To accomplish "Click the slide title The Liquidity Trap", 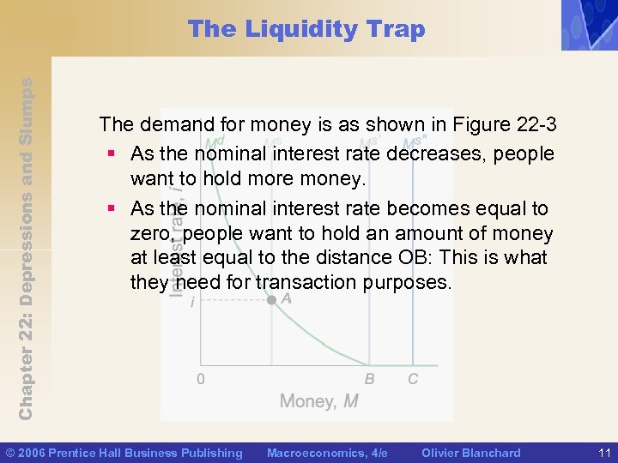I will click(306, 29).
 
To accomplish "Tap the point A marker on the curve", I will click(272, 300).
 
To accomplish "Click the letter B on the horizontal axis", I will click(369, 379).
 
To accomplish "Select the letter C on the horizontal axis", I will click(413, 379).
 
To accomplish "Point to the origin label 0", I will click(200, 379).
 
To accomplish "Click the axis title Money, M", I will click(318, 401).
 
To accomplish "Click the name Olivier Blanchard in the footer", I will click(471, 453).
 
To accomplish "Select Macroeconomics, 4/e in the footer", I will click(327, 453).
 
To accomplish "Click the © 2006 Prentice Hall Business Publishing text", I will click(124, 453).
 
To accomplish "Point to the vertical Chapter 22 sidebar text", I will click(26, 249).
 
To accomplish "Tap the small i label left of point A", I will click(192, 302).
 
